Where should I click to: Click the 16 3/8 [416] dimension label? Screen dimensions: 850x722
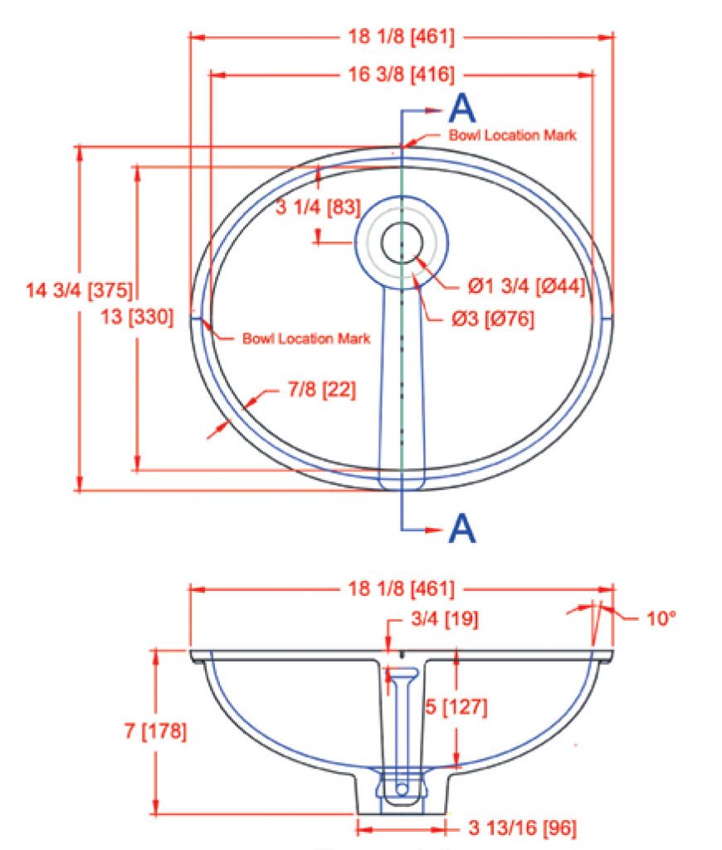(401, 75)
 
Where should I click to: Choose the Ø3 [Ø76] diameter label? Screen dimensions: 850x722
(492, 319)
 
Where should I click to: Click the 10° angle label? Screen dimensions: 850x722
(661, 618)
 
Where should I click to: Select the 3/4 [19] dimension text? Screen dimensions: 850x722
(444, 618)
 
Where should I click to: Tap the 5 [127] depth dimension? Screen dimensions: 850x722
(456, 707)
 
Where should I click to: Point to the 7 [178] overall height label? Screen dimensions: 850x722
(155, 731)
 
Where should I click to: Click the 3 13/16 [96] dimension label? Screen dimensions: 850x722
(522, 828)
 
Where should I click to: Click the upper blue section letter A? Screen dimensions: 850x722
(462, 108)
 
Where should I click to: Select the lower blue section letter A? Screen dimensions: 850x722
(462, 527)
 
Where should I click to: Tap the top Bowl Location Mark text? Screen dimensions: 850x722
(512, 134)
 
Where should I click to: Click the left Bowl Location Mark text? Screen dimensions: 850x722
(306, 339)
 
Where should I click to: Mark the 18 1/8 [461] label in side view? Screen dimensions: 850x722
(401, 589)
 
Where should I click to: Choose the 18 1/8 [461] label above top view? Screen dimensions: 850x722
(401, 37)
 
